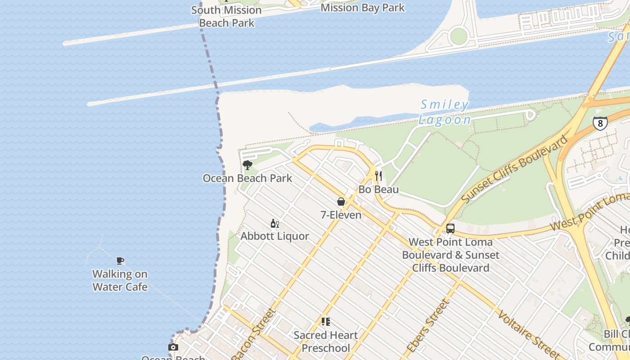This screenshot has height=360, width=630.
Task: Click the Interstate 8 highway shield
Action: (x=600, y=123)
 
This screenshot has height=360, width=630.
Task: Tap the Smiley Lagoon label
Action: (x=445, y=112)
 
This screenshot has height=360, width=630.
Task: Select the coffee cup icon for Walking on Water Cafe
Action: (x=120, y=261)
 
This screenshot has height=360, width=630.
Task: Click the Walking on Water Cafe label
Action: (x=120, y=280)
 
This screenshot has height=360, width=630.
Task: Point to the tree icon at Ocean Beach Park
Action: (x=247, y=165)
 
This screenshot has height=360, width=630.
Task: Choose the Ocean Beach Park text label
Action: (x=247, y=178)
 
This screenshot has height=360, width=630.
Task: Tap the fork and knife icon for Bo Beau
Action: (x=378, y=176)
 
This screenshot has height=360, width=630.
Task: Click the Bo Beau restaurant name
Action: (x=378, y=189)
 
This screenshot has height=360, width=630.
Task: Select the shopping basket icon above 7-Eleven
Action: (x=341, y=202)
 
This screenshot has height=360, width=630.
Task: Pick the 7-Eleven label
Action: (x=341, y=215)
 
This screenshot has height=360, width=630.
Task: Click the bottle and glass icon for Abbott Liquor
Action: (x=274, y=223)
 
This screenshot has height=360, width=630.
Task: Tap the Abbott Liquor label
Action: (x=274, y=236)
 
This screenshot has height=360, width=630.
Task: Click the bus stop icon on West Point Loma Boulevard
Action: (x=450, y=229)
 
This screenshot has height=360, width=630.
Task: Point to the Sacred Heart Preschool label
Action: (x=325, y=342)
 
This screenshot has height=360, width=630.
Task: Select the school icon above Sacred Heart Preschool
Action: (x=326, y=322)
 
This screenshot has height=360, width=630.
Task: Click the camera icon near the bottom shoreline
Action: (x=173, y=347)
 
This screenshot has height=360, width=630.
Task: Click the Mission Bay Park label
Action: (x=362, y=8)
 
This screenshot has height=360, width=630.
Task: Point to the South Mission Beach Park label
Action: (x=226, y=17)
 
